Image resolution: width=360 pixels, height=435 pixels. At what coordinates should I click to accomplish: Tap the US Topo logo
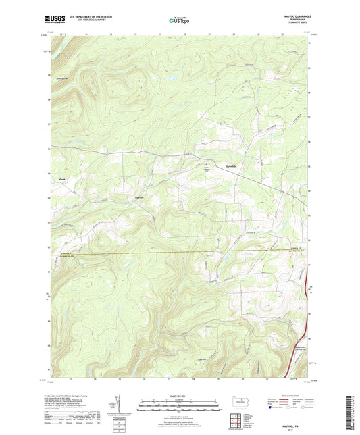tap(180, 20)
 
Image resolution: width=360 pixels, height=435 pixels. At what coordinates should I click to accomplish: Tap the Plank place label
tap(62, 179)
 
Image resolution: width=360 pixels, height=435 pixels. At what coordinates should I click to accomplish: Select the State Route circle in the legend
tap(312, 407)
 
